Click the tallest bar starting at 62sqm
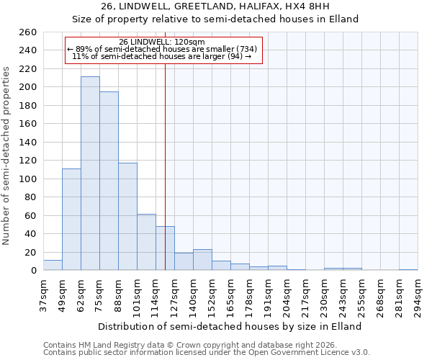[90, 174]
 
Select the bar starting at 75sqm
[109, 181]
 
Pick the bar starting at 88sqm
[127, 217]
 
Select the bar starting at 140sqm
[202, 260]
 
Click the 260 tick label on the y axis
[27, 32]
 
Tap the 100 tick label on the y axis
[27, 179]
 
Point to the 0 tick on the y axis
[33, 271]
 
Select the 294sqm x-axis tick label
[418, 296]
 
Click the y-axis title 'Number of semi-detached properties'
[7, 155]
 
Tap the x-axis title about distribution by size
[229, 326]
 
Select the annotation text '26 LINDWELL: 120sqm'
[162, 42]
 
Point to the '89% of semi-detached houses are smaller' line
[162, 49]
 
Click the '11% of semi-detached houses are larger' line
[162, 56]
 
